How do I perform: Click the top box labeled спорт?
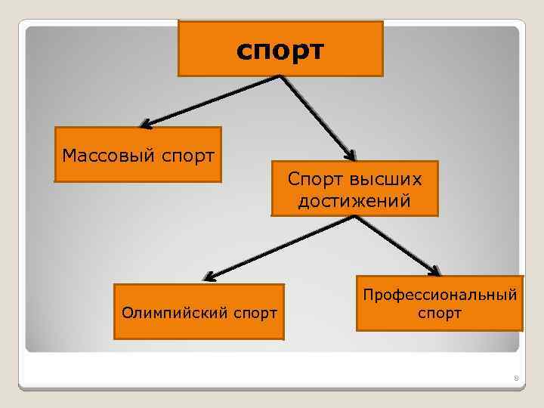click(x=280, y=49)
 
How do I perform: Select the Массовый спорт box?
click(x=138, y=156)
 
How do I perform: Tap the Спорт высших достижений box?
click(x=354, y=189)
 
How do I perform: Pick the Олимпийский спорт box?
click(x=198, y=311)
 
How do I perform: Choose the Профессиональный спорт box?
click(x=439, y=302)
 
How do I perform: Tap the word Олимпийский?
click(x=172, y=311)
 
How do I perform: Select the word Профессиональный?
click(x=439, y=293)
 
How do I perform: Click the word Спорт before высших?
click(x=316, y=179)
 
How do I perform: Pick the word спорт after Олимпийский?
click(x=254, y=311)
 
